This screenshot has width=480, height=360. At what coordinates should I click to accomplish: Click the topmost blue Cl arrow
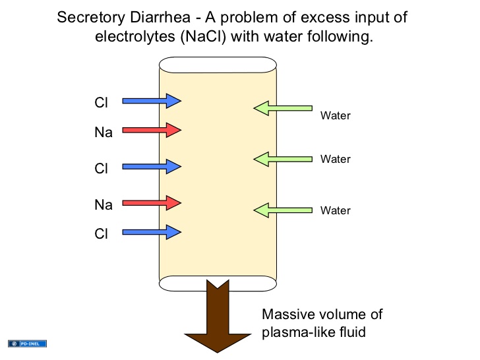152,101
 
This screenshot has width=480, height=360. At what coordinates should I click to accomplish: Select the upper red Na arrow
152,130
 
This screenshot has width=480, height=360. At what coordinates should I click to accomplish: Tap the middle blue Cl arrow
152,166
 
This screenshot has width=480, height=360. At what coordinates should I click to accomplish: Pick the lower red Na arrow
152,202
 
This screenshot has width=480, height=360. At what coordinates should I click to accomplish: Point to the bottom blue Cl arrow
152,231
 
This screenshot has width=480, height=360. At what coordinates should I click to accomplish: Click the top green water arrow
283,107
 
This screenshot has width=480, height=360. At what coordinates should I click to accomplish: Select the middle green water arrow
283,158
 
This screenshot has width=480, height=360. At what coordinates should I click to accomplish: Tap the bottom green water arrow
283,210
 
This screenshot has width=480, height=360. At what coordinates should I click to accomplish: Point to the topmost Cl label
101,102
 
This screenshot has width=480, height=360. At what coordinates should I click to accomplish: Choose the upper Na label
104,133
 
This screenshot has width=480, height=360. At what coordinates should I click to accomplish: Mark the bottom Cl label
101,233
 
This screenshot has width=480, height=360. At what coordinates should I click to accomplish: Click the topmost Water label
335,116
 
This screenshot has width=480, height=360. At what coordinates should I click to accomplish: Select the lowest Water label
335,211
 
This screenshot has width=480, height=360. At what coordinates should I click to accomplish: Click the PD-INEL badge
28,344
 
